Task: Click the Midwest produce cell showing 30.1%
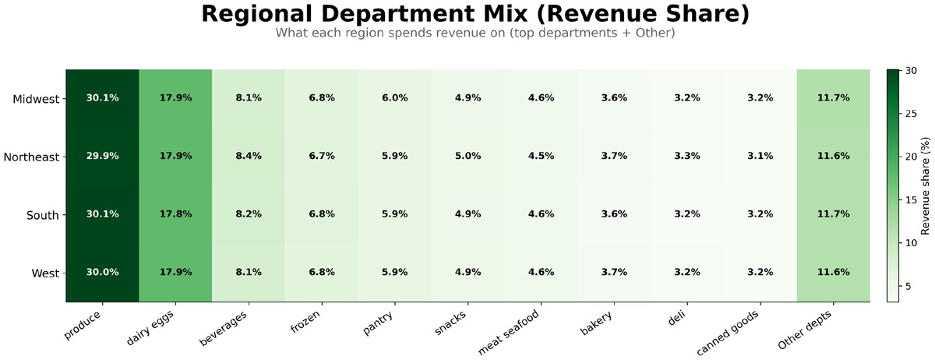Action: [x=102, y=98]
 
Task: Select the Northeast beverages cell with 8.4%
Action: [x=249, y=156]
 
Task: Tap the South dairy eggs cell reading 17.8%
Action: [x=175, y=214]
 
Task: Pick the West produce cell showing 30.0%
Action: [x=102, y=273]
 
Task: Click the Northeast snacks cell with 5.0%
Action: [x=467, y=156]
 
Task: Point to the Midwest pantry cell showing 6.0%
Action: [x=394, y=98]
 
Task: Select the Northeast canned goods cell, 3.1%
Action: [x=760, y=156]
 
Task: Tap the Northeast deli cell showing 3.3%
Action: [x=686, y=156]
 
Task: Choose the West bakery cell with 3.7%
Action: [x=613, y=273]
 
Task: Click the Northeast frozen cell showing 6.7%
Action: [x=321, y=156]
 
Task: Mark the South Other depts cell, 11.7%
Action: [x=833, y=214]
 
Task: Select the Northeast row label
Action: [x=31, y=157]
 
